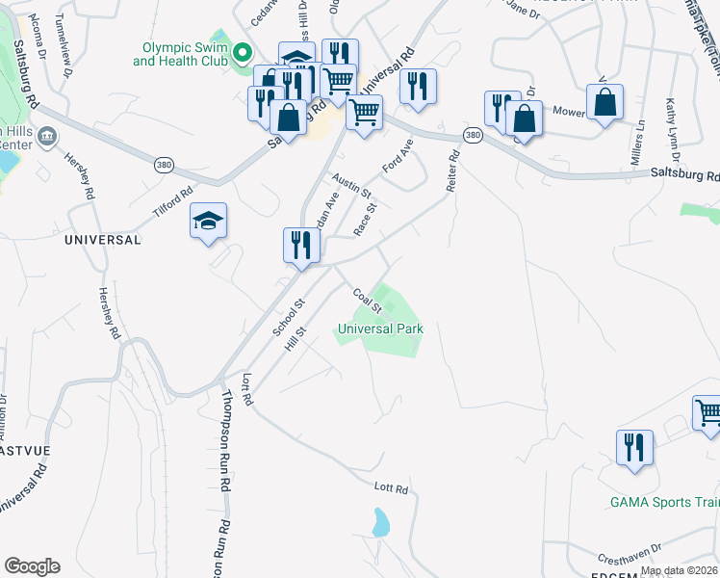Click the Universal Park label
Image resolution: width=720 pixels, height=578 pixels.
[380, 328]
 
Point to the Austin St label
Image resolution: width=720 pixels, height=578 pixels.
[351, 185]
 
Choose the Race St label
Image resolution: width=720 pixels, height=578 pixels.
[366, 220]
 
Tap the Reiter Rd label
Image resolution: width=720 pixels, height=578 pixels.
[453, 170]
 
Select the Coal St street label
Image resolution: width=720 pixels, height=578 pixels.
[368, 300]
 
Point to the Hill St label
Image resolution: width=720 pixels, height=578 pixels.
[295, 343]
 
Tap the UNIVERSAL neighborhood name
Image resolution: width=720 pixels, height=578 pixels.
[103, 239]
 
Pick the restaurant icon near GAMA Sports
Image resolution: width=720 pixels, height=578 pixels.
[634, 448]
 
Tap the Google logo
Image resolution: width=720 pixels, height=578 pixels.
[32, 566]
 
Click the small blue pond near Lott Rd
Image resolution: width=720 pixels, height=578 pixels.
[381, 522]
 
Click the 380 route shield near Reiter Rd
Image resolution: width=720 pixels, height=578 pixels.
[472, 136]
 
